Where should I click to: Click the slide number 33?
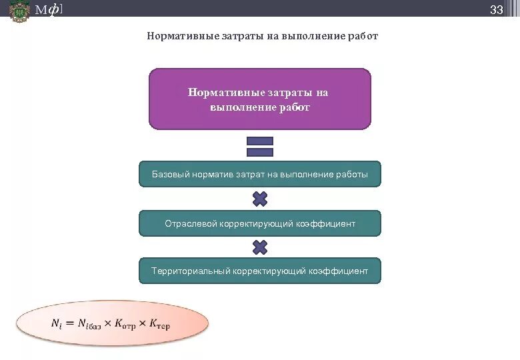pyautogui.click(x=496, y=9)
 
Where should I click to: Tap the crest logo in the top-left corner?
pyautogui.click(x=19, y=11)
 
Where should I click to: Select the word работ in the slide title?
pyautogui.click(x=362, y=36)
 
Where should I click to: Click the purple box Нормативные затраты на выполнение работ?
pyautogui.click(x=259, y=99)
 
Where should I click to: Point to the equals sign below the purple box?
pyautogui.click(x=260, y=147)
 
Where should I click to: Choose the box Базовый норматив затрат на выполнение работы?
pyautogui.click(x=259, y=174)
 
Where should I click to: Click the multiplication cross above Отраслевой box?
pyautogui.click(x=260, y=199)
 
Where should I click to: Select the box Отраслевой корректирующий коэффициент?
pyautogui.click(x=259, y=223)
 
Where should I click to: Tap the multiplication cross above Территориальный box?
pyautogui.click(x=260, y=247)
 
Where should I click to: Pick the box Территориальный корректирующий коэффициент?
pyautogui.click(x=259, y=271)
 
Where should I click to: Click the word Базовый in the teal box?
pyautogui.click(x=170, y=175)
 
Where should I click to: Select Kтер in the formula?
pyautogui.click(x=160, y=325)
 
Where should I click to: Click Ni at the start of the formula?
pyautogui.click(x=56, y=324)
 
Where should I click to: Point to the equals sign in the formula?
pyautogui.click(x=69, y=324)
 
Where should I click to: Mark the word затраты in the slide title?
pyautogui.click(x=244, y=36)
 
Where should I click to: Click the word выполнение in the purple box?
pyautogui.click(x=239, y=107)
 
